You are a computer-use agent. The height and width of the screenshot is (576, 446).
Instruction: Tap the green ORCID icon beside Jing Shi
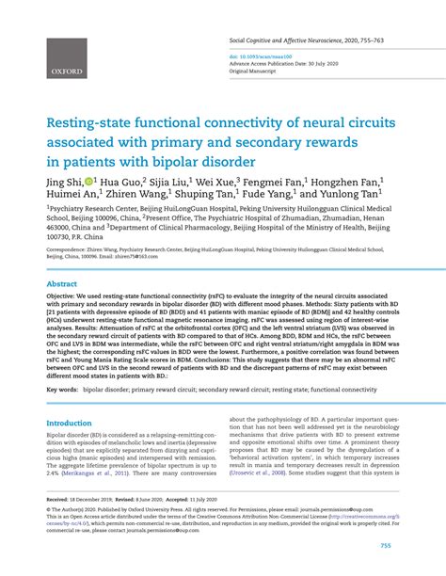tap(88, 178)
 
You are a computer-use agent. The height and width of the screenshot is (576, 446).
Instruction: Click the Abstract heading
tap(62, 282)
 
